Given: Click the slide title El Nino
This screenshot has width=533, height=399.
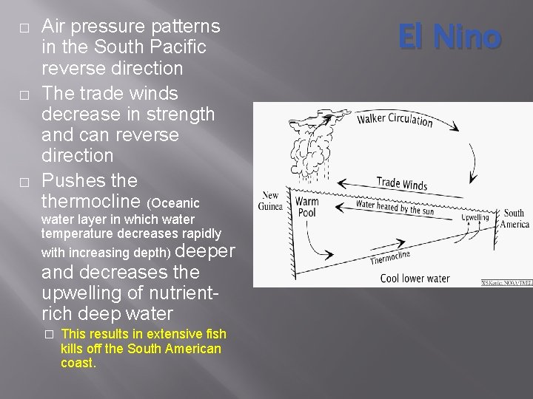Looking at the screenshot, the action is [450, 37].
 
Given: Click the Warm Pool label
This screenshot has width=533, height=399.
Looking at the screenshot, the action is [306, 207].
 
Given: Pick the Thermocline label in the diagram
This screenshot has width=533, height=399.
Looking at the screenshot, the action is [389, 256].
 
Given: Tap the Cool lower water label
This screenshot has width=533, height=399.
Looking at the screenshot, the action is [415, 279].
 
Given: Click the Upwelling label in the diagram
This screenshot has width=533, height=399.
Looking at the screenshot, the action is [475, 218].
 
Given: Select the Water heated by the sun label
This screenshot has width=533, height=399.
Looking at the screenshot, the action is [395, 208].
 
